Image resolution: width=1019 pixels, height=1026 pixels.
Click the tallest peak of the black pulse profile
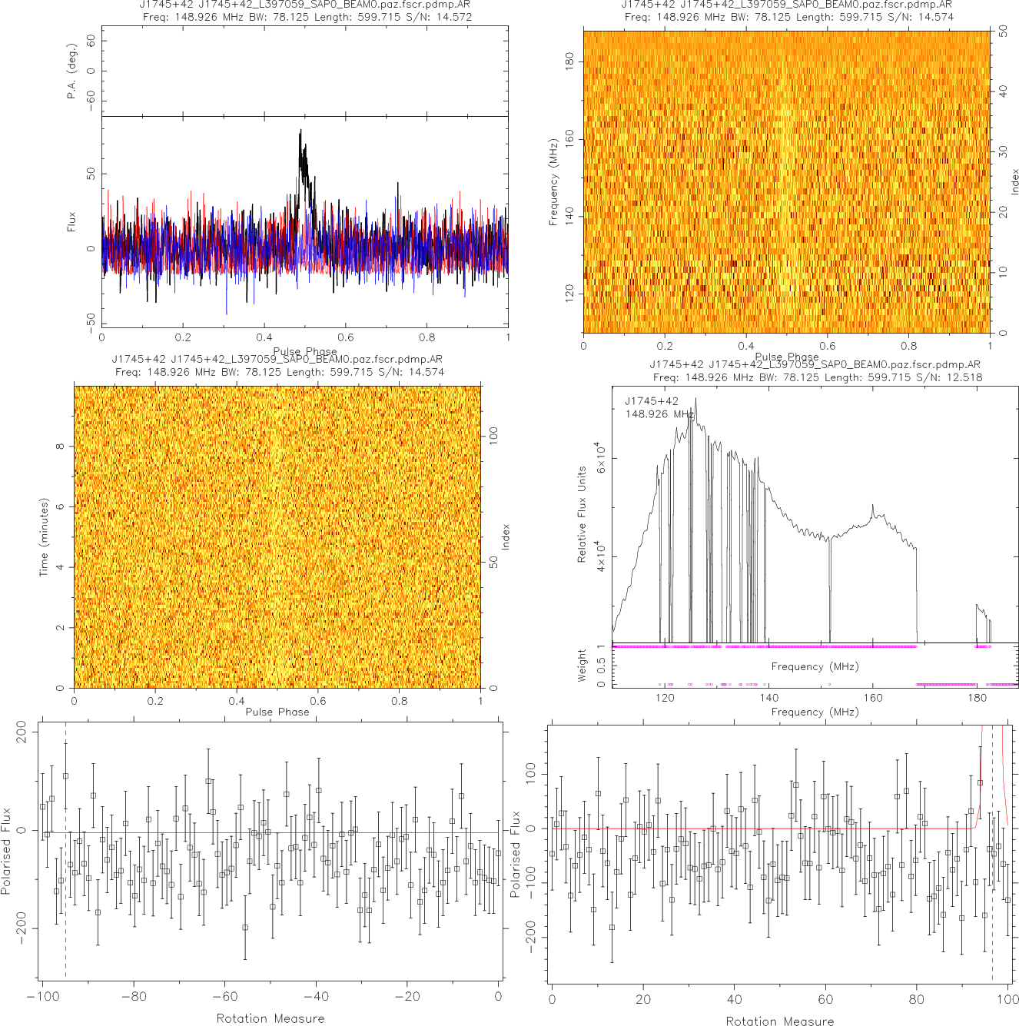tap(300, 131)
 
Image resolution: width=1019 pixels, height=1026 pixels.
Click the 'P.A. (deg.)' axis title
tap(72, 71)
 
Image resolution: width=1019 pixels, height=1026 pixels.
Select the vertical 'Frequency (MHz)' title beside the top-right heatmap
tap(553, 182)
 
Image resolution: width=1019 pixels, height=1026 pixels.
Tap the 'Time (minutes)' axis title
tap(44, 537)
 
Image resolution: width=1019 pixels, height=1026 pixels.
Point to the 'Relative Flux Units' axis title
tap(582, 514)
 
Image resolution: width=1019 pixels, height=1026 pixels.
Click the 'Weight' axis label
tap(582, 666)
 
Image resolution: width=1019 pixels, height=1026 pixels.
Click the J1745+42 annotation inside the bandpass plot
tap(652, 400)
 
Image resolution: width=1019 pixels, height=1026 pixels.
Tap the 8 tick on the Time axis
tap(60, 447)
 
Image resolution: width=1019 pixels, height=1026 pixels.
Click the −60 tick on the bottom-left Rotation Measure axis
tap(224, 997)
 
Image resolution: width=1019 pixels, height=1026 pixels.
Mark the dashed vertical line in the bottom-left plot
tap(66, 845)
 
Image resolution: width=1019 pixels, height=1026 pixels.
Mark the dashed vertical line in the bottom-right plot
tap(993, 845)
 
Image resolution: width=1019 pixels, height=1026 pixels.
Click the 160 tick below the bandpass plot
tap(873, 698)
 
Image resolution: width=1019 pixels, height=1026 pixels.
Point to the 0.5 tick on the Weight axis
tap(602, 665)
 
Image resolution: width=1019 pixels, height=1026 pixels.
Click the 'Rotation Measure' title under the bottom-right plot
tap(779, 1021)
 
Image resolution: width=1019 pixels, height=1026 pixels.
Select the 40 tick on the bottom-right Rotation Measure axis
tap(735, 999)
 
